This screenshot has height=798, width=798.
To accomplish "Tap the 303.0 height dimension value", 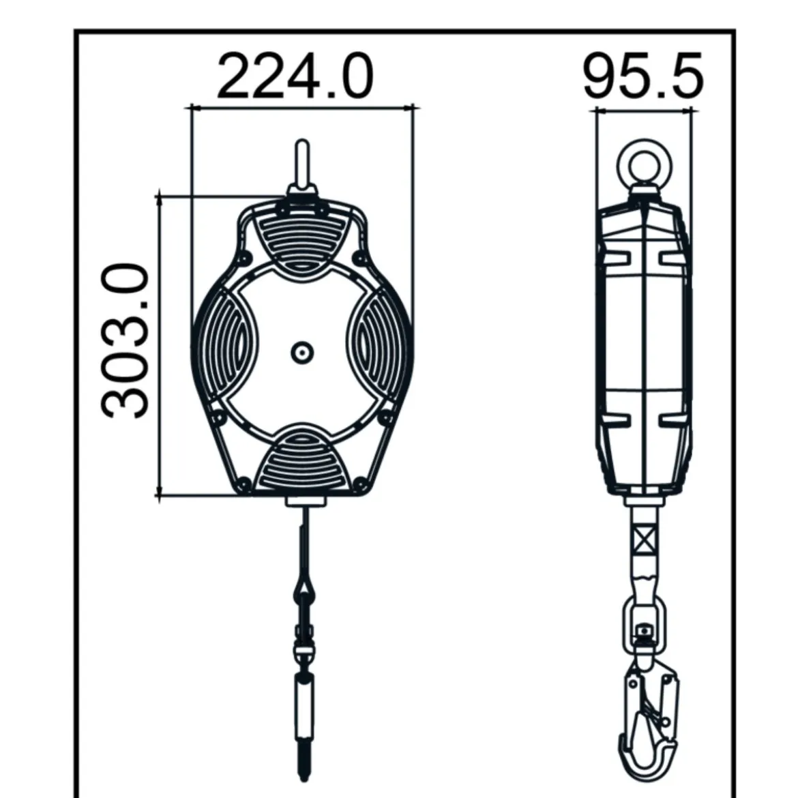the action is point(125,340).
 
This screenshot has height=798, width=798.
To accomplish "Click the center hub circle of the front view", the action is point(301,353).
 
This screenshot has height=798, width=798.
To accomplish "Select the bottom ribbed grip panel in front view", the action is point(302,460).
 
